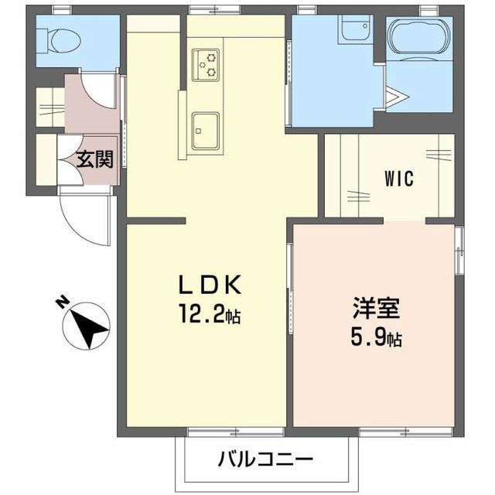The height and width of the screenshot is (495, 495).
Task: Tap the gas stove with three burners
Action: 207,63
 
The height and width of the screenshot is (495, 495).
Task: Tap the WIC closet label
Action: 399,178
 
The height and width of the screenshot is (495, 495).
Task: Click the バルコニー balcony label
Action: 265,459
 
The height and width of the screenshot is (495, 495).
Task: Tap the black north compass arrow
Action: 90,325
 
